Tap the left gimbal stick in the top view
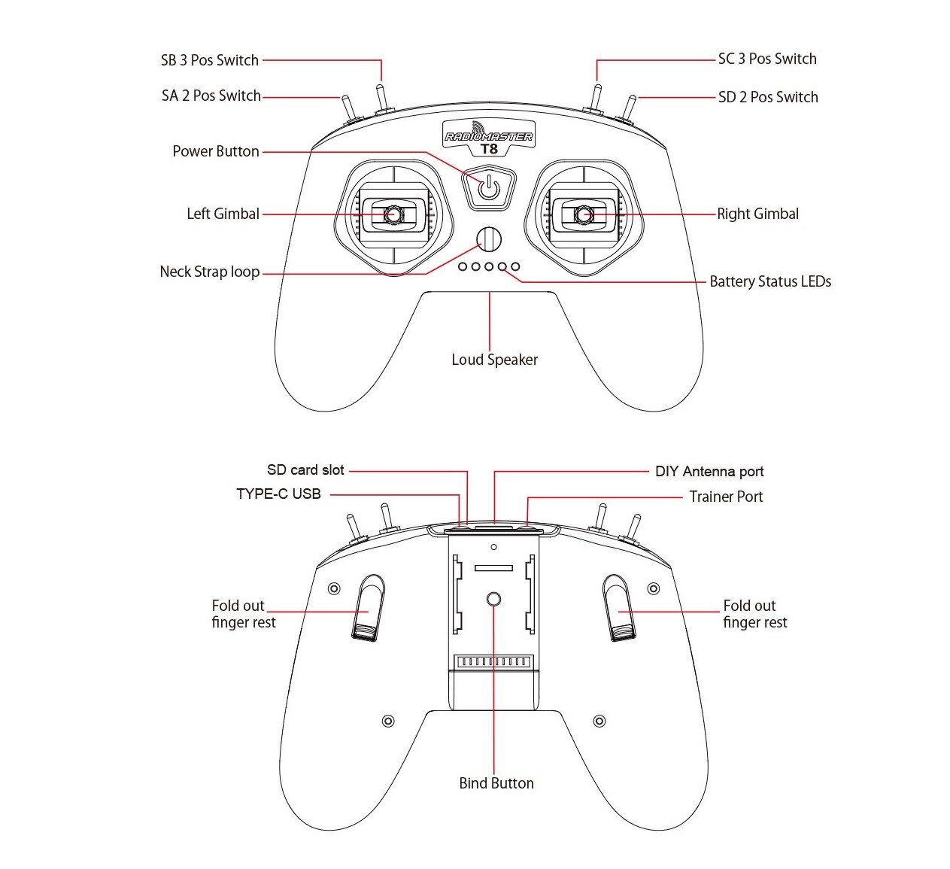point(393,214)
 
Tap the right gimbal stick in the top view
point(584,214)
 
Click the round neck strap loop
point(489,239)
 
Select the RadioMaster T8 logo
point(489,138)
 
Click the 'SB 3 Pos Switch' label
point(209,60)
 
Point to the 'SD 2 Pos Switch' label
point(767,97)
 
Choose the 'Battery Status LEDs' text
point(770,281)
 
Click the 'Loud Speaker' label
point(494,360)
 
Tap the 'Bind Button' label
point(496,783)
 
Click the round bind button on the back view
point(493,599)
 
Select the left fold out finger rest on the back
point(369,608)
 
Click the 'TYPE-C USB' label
point(278,494)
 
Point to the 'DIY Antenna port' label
point(709,472)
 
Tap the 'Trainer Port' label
point(726,497)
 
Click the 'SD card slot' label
point(305,470)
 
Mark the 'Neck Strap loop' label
point(209,272)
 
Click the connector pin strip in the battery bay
point(493,661)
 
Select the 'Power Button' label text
point(216,151)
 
